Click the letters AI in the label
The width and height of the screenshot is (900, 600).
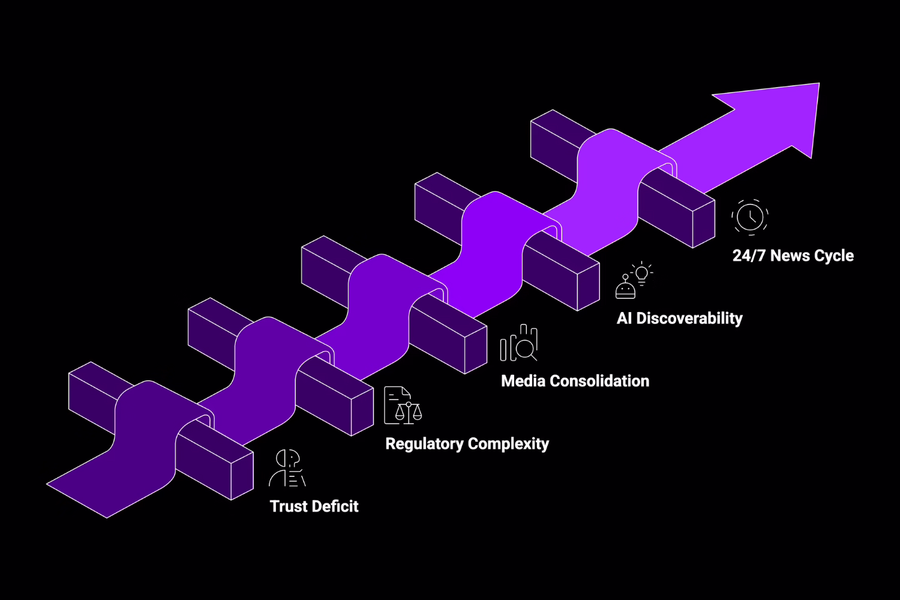[624, 318]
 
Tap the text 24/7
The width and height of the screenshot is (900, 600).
[749, 256]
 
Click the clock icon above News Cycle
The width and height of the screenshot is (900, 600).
[750, 217]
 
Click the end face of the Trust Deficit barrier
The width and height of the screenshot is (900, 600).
[242, 476]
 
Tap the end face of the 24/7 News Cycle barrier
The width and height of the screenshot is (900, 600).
[703, 224]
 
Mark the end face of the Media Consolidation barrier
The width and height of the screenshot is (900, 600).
[475, 350]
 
